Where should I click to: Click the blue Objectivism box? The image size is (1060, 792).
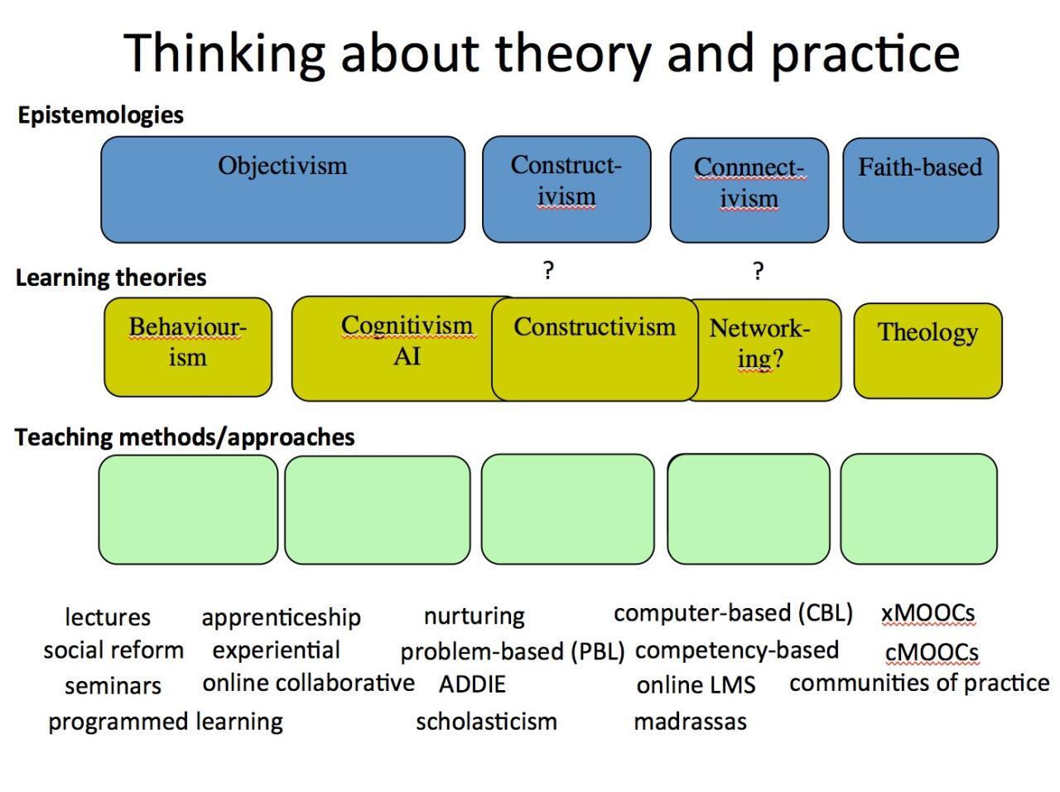pyautogui.click(x=282, y=190)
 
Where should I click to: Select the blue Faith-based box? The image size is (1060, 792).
pyautogui.click(x=920, y=190)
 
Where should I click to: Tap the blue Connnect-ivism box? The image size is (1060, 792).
pyautogui.click(x=749, y=190)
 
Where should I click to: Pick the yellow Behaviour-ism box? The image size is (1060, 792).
pyautogui.click(x=188, y=346)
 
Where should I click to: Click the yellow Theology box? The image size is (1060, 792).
pyautogui.click(x=927, y=350)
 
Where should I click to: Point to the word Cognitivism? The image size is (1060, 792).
pyautogui.click(x=407, y=326)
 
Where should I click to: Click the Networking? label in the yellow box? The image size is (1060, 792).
pyautogui.click(x=759, y=343)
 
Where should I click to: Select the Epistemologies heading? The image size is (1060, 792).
pyautogui.click(x=100, y=114)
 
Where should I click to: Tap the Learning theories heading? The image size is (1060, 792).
pyautogui.click(x=111, y=278)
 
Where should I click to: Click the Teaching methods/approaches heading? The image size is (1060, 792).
pyautogui.click(x=185, y=437)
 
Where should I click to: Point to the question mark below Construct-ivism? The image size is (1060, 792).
pyautogui.click(x=548, y=270)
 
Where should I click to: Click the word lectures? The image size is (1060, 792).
pyautogui.click(x=108, y=617)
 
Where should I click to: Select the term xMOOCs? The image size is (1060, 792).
pyautogui.click(x=927, y=613)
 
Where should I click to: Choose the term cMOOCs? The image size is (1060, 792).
pyautogui.click(x=932, y=652)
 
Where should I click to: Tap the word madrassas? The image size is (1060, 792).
pyautogui.click(x=690, y=722)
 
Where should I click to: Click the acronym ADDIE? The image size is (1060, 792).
pyautogui.click(x=472, y=684)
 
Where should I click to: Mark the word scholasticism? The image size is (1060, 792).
pyautogui.click(x=486, y=722)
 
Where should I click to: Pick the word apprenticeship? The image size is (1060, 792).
pyautogui.click(x=281, y=617)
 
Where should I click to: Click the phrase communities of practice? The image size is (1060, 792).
pyautogui.click(x=919, y=683)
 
